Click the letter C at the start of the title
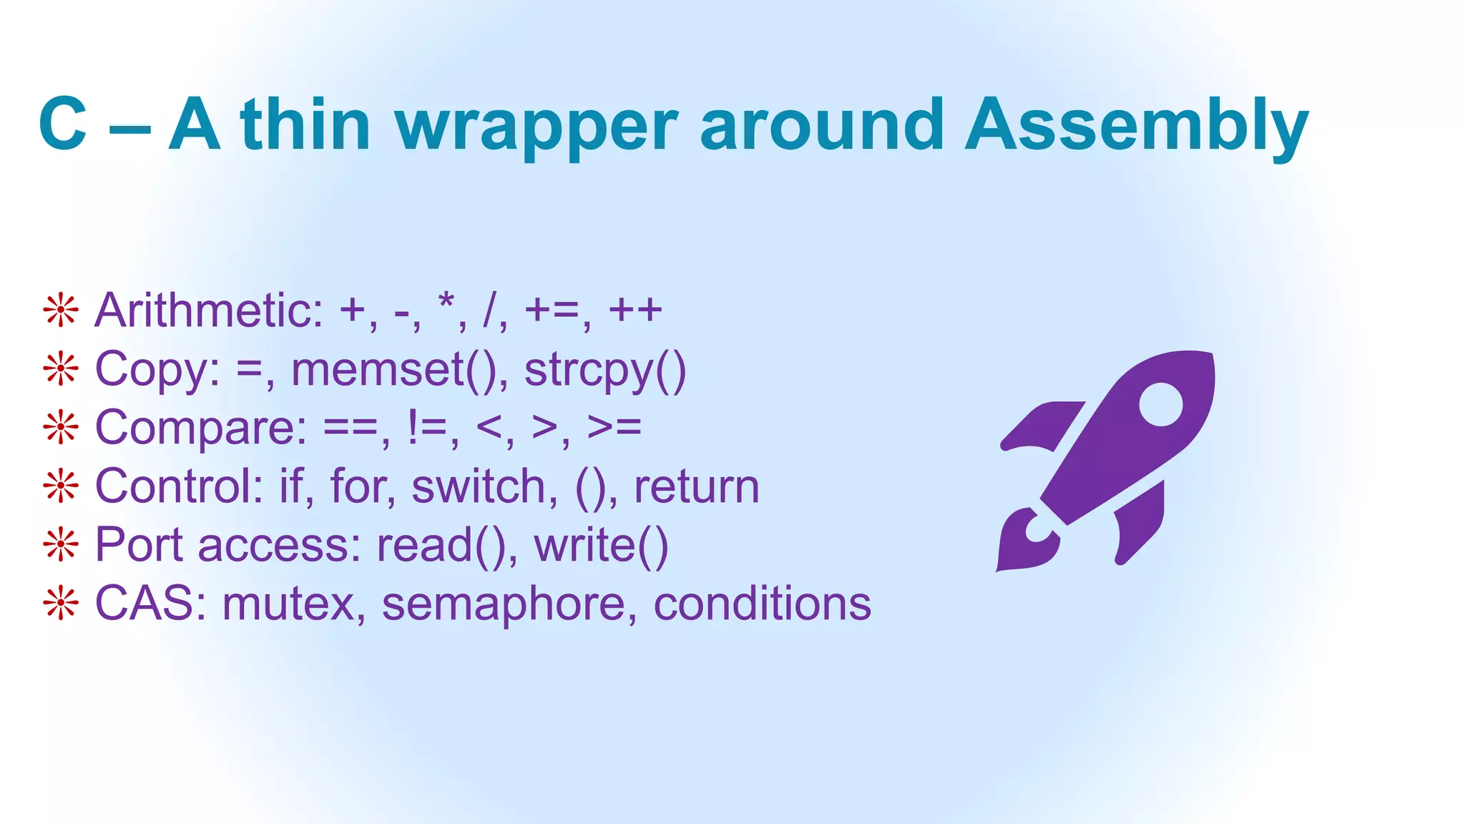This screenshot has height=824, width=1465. pyautogui.click(x=63, y=126)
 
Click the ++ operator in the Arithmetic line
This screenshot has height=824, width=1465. pyautogui.click(x=635, y=310)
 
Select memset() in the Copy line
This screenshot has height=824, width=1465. pyautogui.click(x=394, y=370)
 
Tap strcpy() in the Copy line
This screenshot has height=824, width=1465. pyautogui.click(x=605, y=370)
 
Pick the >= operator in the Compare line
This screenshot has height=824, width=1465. pyautogui.click(x=614, y=428)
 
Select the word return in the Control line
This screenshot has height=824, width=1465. pyautogui.click(x=696, y=487)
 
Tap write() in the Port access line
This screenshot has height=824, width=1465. pyautogui.click(x=601, y=546)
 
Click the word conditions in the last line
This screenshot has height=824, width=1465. pyautogui.click(x=762, y=604)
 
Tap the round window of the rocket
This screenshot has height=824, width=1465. pyautogui.click(x=1160, y=404)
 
